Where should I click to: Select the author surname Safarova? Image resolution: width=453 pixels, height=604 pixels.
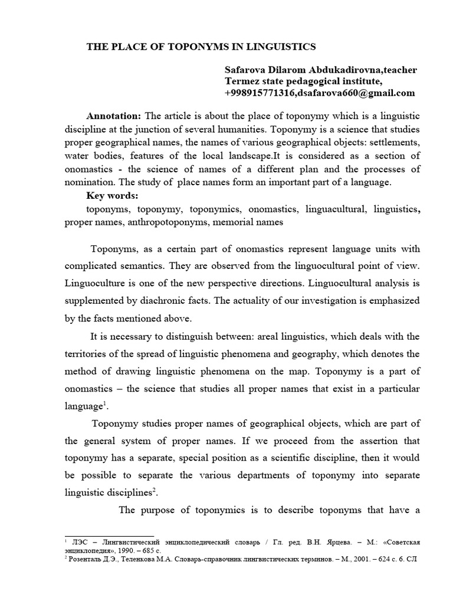tap(245, 70)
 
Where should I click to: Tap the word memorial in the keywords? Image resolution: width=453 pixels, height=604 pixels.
tap(238, 222)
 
